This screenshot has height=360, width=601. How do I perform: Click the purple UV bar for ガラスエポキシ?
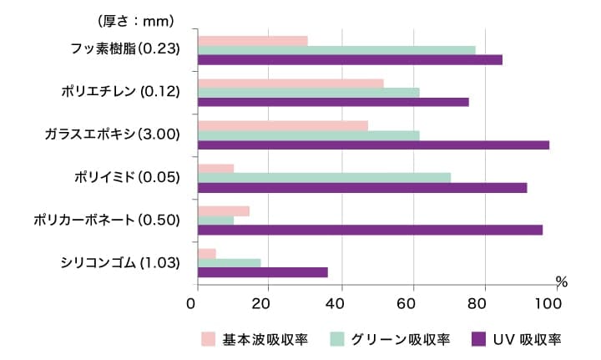pos(373,145)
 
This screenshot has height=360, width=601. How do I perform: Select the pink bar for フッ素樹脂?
pos(252,41)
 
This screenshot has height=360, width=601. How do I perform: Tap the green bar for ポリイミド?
pos(324,177)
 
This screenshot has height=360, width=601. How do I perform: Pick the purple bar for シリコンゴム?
pos(262,272)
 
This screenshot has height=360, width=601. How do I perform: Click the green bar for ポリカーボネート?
pos(215,221)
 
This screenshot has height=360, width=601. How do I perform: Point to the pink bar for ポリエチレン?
pos(290,83)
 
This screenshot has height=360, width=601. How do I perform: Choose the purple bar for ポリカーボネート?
pos(370,230)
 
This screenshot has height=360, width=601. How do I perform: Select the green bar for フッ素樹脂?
pos(336,50)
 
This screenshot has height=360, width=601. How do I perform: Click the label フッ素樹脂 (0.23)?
pos(126,48)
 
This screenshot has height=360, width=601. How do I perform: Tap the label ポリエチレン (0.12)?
pos(121,90)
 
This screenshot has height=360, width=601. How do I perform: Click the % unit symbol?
pos(561,282)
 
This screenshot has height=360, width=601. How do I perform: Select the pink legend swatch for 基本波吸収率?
pos(209,339)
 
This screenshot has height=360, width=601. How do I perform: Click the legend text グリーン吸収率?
pos(401,339)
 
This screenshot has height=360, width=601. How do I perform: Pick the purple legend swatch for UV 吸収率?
pos(479,339)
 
